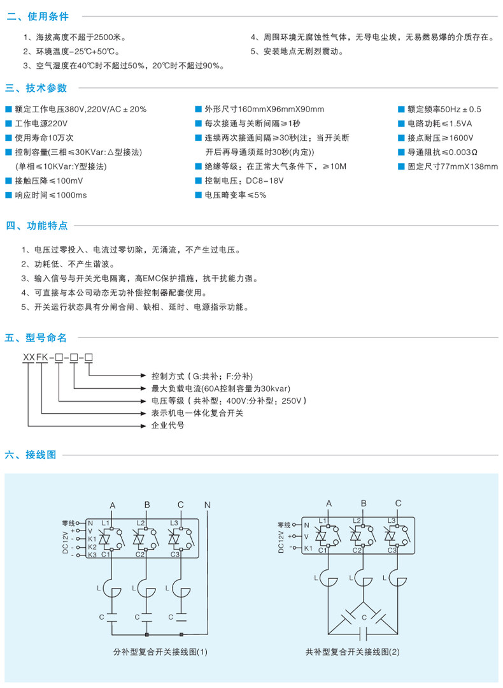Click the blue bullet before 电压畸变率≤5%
click(x=199, y=195)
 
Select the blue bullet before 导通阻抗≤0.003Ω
click(x=402, y=152)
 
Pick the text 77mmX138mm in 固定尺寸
click(x=469, y=166)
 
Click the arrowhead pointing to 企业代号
click(x=145, y=425)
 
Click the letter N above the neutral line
click(x=207, y=505)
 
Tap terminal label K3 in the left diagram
click(x=91, y=555)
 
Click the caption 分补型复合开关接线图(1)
click(x=160, y=652)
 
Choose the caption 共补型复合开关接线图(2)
click(x=352, y=652)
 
